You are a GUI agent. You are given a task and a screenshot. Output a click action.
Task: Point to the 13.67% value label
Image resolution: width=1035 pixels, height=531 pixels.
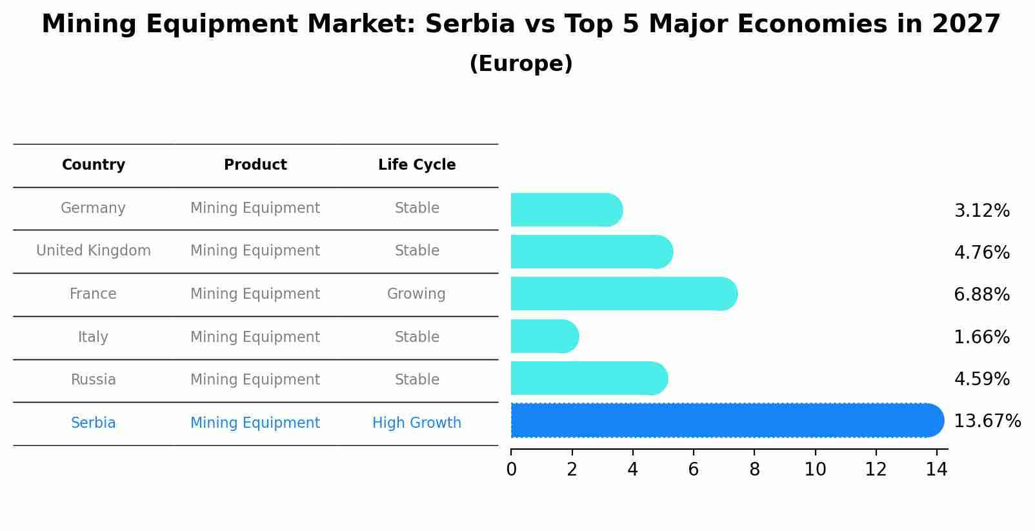point(987,421)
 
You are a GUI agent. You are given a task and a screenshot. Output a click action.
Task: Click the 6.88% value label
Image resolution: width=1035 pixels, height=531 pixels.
point(981,295)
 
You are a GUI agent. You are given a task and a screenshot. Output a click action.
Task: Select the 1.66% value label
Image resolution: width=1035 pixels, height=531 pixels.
point(981,337)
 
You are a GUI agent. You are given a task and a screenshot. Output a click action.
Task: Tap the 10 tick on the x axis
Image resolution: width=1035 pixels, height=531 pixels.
point(815,470)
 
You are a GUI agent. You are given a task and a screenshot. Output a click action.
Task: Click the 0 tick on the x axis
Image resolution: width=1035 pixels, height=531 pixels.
point(512,470)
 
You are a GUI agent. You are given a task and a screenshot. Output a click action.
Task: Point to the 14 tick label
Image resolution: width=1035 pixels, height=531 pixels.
point(936,470)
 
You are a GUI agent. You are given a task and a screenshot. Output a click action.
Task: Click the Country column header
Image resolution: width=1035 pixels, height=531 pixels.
point(94,165)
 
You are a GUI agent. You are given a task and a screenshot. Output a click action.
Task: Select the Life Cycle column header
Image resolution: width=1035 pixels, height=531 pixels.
point(417,165)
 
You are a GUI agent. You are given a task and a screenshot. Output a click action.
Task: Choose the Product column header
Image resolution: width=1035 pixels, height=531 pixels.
point(256,165)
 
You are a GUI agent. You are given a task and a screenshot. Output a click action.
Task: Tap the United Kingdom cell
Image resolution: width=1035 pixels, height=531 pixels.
point(94,251)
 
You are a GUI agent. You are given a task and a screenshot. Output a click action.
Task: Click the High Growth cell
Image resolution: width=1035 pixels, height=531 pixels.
point(417,423)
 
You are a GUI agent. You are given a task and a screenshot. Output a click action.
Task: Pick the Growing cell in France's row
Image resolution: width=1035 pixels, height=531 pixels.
point(416,294)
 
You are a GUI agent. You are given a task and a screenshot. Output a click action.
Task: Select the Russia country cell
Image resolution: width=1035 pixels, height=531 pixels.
point(94,380)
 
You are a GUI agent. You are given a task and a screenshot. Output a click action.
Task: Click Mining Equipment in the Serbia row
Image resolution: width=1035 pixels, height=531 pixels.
point(256,423)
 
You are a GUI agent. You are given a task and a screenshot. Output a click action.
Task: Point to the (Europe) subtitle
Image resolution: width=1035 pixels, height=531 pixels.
point(521,64)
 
